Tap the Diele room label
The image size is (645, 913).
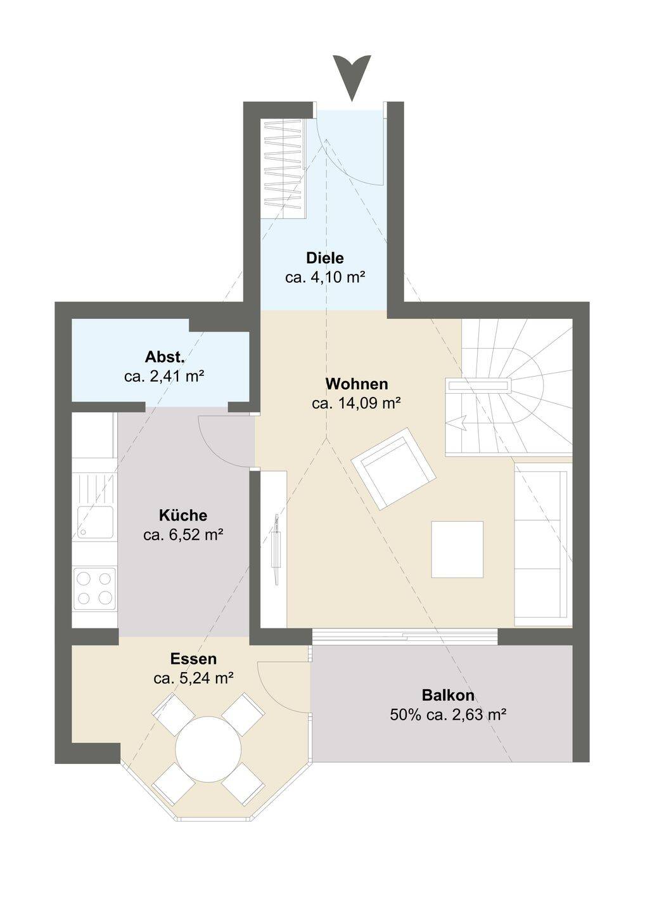325,258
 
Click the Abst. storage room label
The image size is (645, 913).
165,358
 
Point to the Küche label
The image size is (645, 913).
183,515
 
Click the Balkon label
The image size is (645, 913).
448,694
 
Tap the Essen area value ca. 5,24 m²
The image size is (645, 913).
193,678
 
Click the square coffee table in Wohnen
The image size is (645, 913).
457,549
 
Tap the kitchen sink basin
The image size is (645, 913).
96,522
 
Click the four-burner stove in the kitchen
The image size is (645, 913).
95,588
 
